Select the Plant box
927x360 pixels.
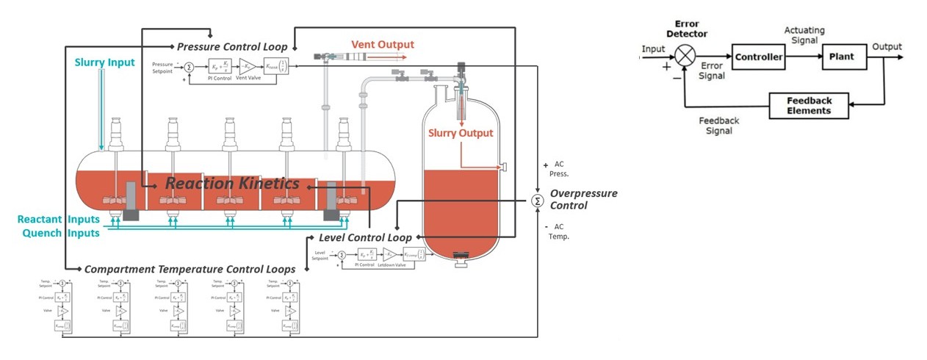tap(843, 56)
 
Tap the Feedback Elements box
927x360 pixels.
tap(809, 106)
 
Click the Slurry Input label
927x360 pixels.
tap(104, 62)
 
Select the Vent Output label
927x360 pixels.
tap(382, 45)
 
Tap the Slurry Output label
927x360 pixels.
tap(461, 133)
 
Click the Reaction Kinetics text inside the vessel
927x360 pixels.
tap(232, 184)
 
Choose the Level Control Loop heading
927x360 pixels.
tap(364, 238)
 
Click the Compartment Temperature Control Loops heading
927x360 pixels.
tap(190, 270)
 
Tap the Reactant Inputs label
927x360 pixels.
tap(59, 220)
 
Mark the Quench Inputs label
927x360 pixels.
tap(59, 233)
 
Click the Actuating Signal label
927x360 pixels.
tap(804, 35)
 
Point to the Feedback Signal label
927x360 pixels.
tap(718, 126)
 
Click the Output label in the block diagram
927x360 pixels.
tap(887, 47)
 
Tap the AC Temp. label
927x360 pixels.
tap(558, 231)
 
